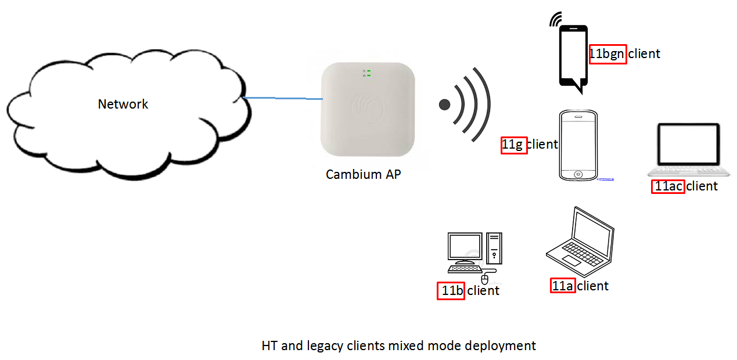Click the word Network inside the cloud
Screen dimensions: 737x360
coord(123,105)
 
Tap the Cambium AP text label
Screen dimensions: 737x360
coord(363,174)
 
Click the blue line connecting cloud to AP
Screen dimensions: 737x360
coord(283,98)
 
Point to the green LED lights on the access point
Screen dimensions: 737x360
coord(369,73)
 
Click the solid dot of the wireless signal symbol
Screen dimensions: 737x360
coord(444,105)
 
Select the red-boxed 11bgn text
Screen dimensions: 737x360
coord(607,54)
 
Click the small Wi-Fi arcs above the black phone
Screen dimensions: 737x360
coord(555,20)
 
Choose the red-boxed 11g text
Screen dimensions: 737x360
coord(514,145)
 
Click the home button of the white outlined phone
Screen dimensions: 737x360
coord(578,174)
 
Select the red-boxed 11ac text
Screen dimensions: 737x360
coord(668,186)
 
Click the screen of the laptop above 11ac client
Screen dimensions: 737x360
coord(688,144)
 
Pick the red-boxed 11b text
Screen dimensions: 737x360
coord(451,291)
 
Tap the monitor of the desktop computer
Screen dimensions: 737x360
coord(465,249)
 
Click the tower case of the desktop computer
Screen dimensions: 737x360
coord(494,249)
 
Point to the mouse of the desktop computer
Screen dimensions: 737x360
coord(484,280)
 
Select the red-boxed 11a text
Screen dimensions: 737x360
coord(563,286)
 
